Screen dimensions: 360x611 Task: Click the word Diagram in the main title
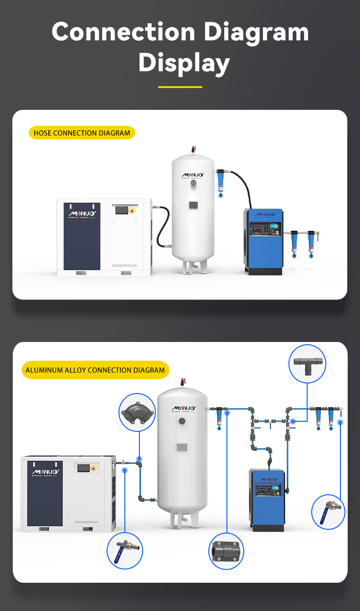pyautogui.click(x=256, y=33)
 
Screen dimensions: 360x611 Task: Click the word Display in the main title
pyautogui.click(x=184, y=62)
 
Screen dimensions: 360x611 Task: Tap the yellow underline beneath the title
pyautogui.click(x=180, y=87)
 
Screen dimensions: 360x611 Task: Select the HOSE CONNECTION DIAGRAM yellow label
pyautogui.click(x=82, y=133)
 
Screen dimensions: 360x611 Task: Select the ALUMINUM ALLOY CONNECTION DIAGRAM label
pyautogui.click(x=95, y=370)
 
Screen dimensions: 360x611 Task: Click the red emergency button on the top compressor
pyautogui.click(x=132, y=211)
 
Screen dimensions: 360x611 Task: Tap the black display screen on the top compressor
pyautogui.click(x=122, y=210)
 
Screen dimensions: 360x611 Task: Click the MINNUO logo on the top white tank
pyautogui.click(x=193, y=175)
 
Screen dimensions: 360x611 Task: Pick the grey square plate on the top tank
pyautogui.click(x=193, y=205)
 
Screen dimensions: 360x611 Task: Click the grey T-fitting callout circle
pyautogui.click(x=307, y=363)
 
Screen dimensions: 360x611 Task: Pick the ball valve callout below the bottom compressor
pyautogui.click(x=124, y=551)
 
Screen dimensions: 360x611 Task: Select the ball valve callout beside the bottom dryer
pyautogui.click(x=328, y=512)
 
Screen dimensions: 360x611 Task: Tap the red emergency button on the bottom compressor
pyautogui.click(x=93, y=468)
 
